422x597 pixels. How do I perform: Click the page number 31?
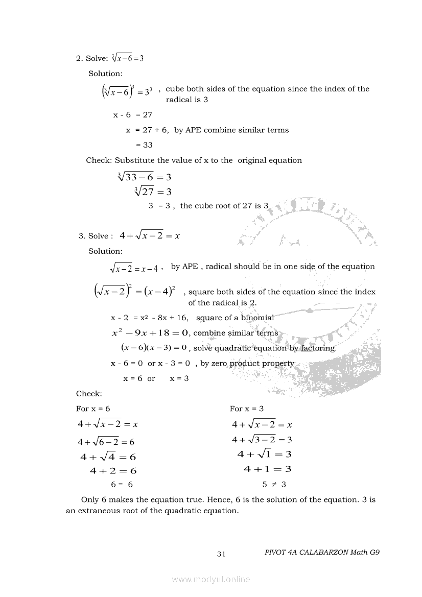221,554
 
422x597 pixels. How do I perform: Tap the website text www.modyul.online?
211,579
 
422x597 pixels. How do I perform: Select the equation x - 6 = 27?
133,115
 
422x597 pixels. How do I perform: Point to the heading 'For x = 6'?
93,409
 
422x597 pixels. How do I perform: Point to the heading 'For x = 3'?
247,409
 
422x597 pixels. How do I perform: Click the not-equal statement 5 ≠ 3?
274,485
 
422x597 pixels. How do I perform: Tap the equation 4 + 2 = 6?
113,471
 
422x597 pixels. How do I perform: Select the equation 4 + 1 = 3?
267,469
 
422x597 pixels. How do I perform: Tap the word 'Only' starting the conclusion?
89,499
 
